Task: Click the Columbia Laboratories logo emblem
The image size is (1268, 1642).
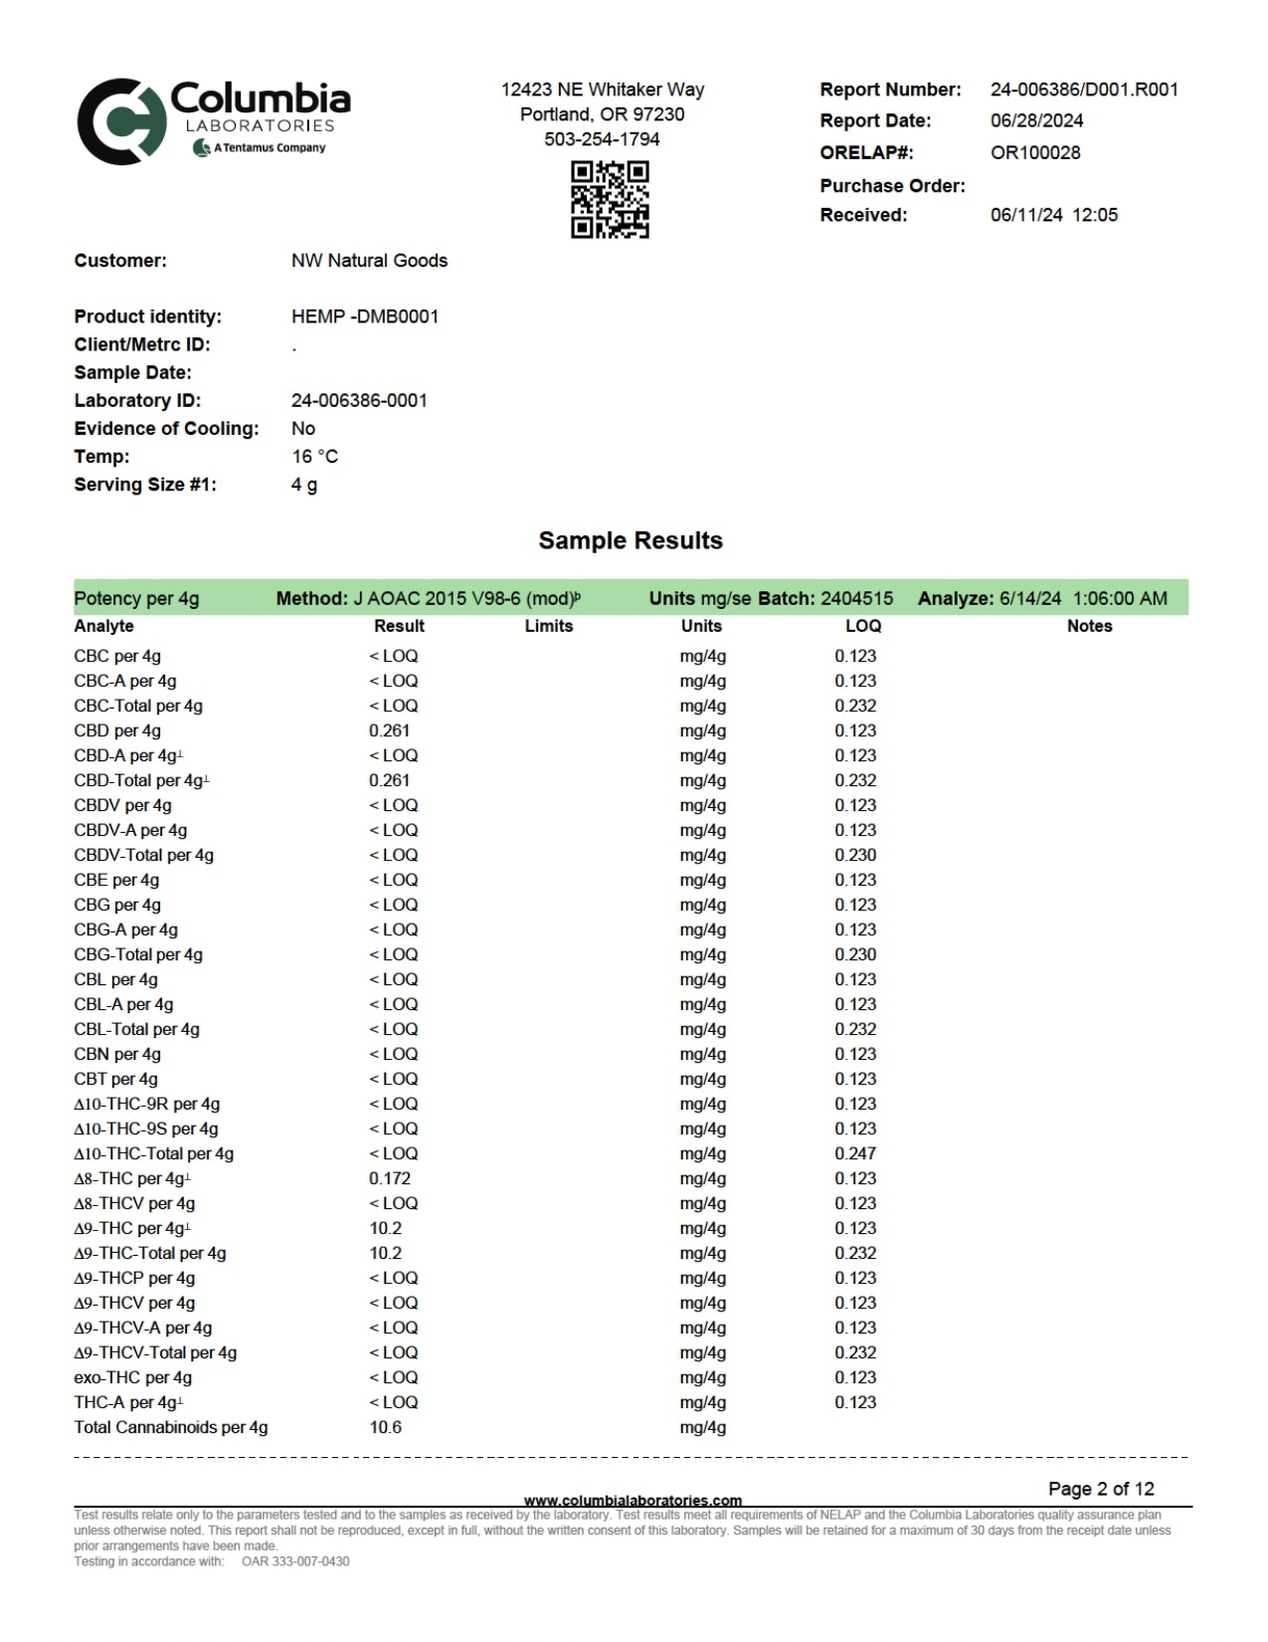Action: [120, 121]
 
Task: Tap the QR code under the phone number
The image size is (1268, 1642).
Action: [610, 199]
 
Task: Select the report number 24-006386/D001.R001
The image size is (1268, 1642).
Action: [1084, 90]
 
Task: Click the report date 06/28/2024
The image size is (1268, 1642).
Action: [1036, 120]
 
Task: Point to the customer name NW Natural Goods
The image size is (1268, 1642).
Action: [369, 261]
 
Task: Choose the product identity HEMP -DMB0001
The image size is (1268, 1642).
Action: [365, 316]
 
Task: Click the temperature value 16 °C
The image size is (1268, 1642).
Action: [314, 457]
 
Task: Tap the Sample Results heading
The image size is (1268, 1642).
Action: [631, 540]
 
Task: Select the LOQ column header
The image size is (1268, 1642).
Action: [862, 626]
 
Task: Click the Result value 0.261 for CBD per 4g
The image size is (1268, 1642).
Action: [389, 730]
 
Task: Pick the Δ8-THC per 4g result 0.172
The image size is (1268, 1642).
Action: [389, 1178]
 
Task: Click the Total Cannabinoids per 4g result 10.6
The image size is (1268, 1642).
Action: [385, 1427]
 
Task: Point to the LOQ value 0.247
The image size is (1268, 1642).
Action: [855, 1153]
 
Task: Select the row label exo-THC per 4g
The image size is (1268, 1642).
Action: [132, 1377]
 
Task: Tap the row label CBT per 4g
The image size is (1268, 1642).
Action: [115, 1079]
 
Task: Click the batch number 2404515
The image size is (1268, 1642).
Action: [856, 598]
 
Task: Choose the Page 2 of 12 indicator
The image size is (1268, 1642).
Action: [1101, 1489]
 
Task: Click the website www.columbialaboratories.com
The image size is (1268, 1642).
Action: [633, 1500]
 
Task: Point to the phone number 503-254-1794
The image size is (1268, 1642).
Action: [602, 139]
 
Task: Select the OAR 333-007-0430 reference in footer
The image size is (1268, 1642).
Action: [295, 1561]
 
